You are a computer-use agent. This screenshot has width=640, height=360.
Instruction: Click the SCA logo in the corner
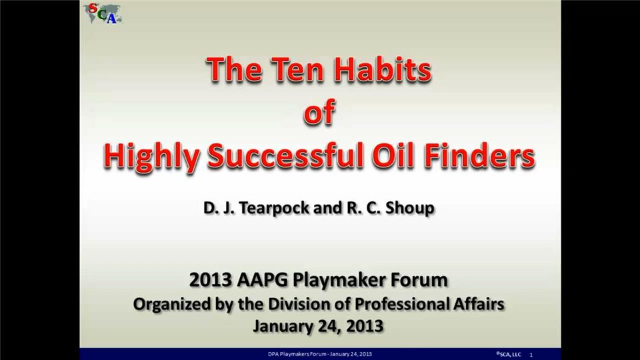click(x=103, y=13)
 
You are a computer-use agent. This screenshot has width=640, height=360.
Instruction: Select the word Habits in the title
click(x=383, y=69)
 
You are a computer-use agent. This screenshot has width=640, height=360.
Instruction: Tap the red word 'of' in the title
click(x=319, y=112)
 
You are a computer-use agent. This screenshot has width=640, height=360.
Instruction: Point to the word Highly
click(x=151, y=157)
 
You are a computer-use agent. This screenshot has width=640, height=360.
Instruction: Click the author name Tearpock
click(x=274, y=208)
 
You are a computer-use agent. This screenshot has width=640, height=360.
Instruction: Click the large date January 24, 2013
click(x=319, y=326)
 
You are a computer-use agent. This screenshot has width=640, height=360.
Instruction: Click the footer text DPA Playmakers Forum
click(x=297, y=354)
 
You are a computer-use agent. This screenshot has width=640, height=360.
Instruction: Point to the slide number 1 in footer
click(x=531, y=355)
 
